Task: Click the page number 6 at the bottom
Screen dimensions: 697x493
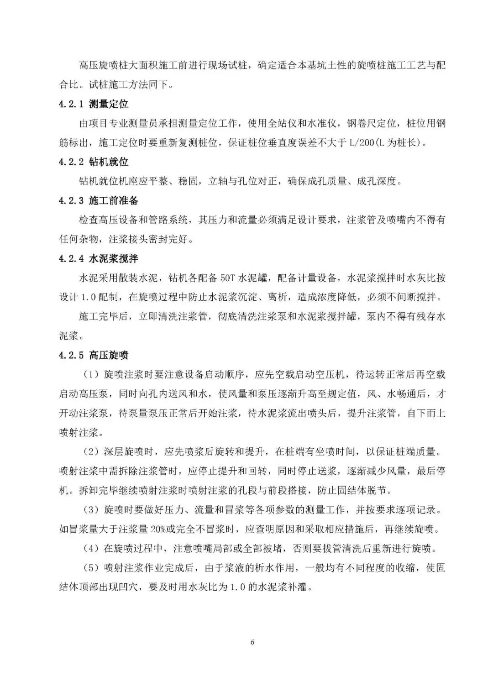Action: (x=252, y=642)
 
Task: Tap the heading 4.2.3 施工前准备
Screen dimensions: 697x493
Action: (x=99, y=200)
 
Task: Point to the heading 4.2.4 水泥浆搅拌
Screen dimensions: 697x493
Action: (x=99, y=258)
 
